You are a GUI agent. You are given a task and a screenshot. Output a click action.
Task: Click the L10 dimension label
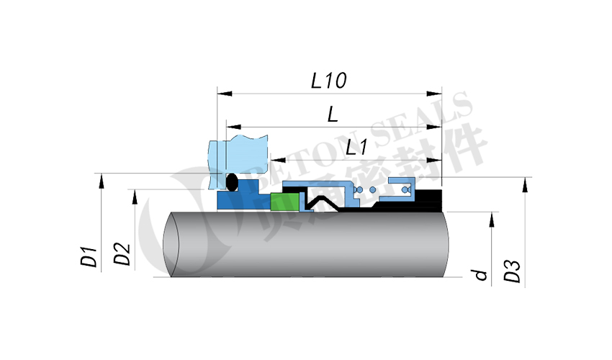pos(329,80)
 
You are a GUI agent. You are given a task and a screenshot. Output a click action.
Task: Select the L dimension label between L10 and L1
pos(333,114)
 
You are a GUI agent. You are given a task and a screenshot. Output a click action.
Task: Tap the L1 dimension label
pos(356,148)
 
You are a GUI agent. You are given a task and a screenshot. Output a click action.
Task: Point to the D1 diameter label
pos(89,257)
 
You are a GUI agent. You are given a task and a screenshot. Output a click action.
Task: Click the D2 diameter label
pos(122,254)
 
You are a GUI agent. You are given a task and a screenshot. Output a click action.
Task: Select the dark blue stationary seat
pos(245,199)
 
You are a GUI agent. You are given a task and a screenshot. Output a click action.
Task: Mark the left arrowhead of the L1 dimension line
pos(275,160)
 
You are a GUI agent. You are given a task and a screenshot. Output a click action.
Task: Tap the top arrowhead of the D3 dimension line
pos(526,183)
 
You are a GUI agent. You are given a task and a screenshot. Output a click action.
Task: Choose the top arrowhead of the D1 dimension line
pos(102,180)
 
